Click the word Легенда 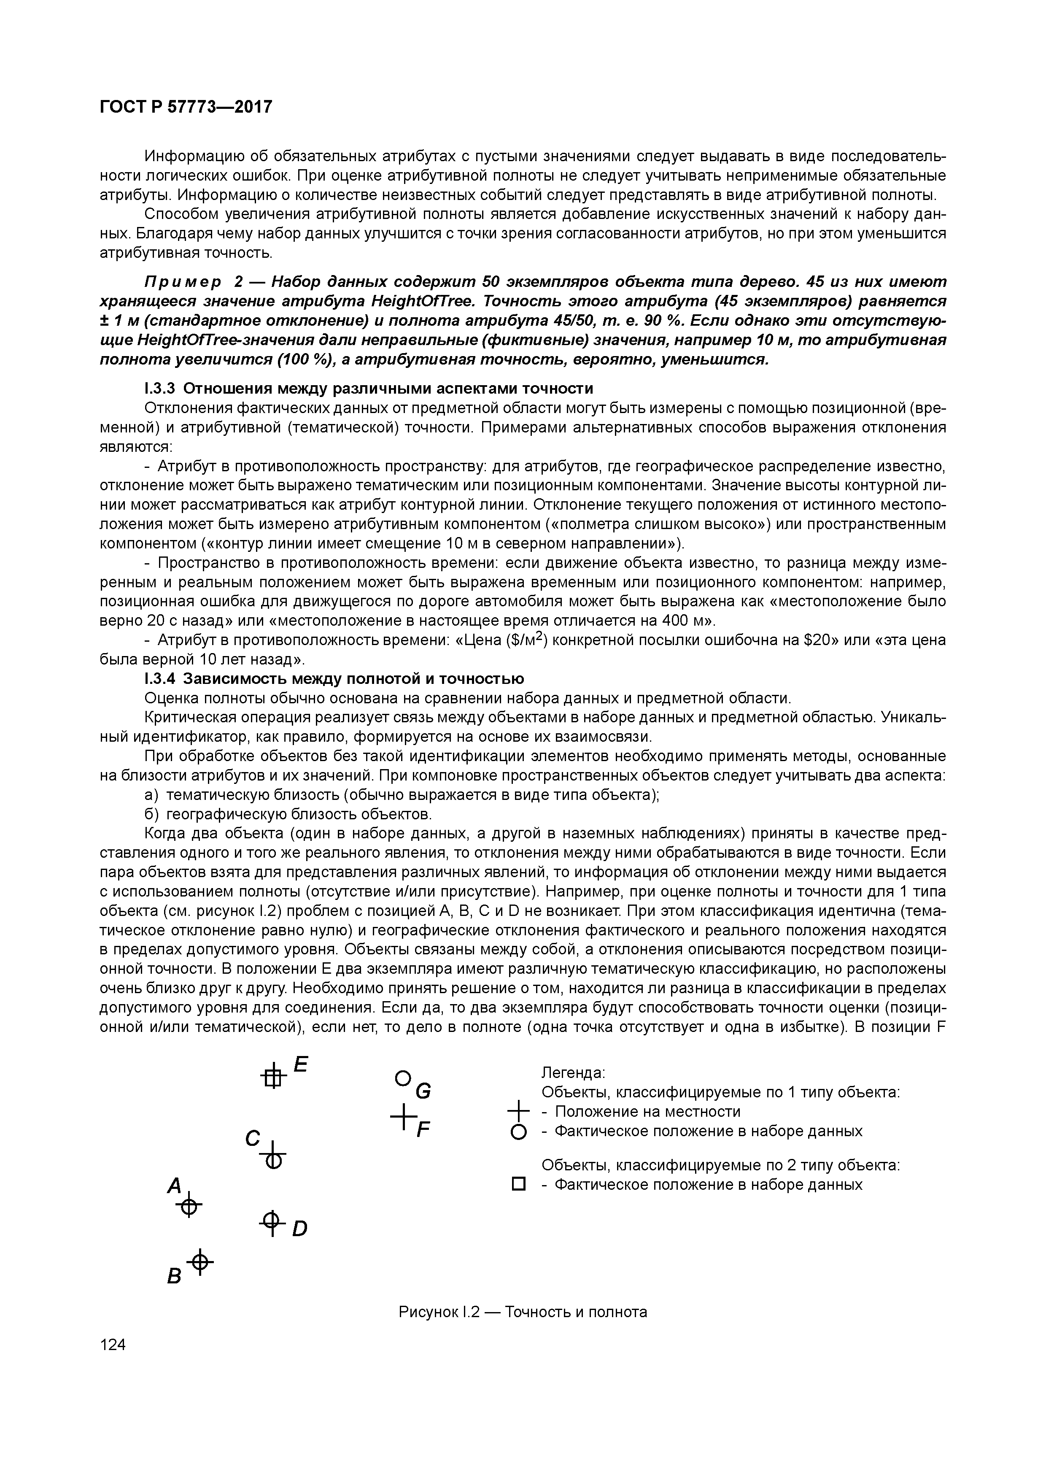(572, 1072)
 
